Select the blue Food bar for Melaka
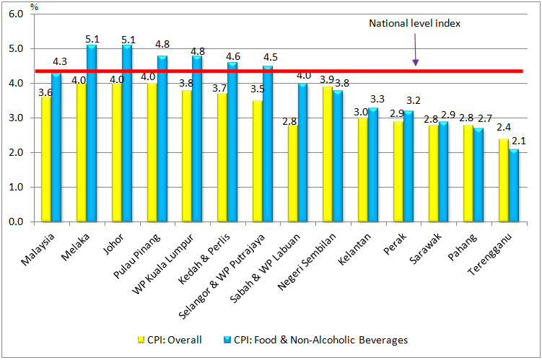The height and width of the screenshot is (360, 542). point(92,133)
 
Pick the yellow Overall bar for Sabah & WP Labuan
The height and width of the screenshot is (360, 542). point(293,173)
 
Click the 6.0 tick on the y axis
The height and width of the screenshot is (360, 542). point(17,14)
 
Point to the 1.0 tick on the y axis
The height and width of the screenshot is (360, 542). point(17,188)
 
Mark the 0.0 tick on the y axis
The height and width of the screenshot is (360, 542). point(17,222)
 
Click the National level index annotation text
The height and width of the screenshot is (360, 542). point(414,23)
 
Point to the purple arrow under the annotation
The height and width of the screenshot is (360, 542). point(416,51)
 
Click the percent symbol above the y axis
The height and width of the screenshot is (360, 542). point(34,8)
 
